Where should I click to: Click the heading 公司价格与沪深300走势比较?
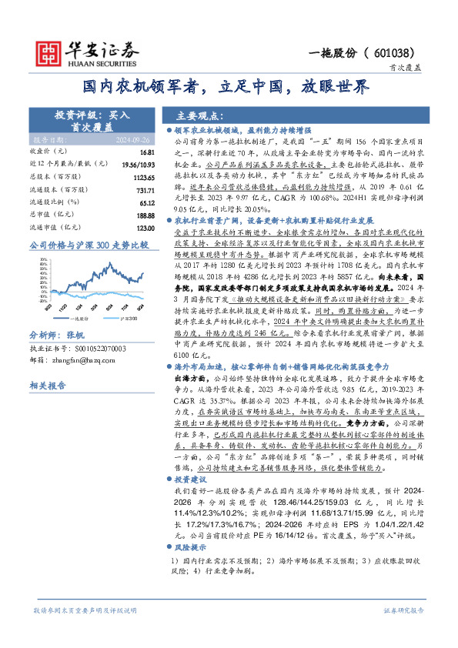coord(88,245)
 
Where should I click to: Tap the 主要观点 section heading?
coord(197,116)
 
